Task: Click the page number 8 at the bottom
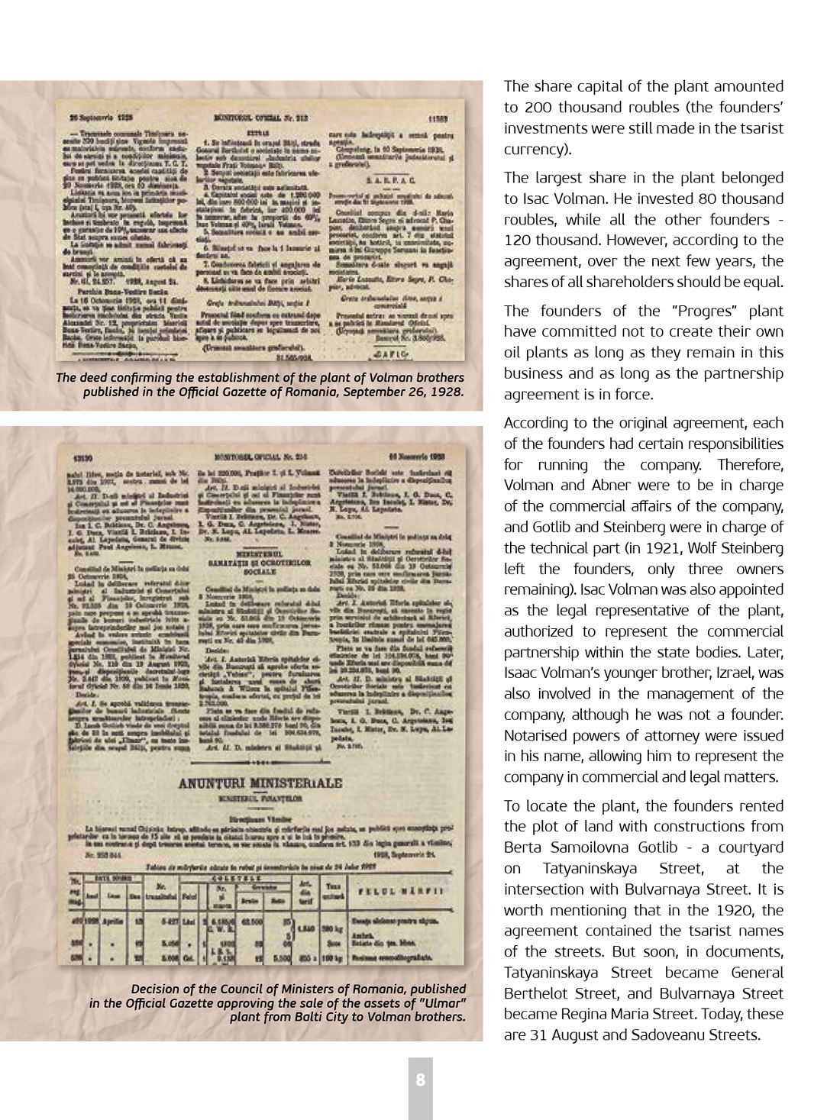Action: (420, 1080)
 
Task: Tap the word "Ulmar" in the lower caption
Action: (440, 1002)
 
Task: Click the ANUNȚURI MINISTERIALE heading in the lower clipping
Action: (260, 783)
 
